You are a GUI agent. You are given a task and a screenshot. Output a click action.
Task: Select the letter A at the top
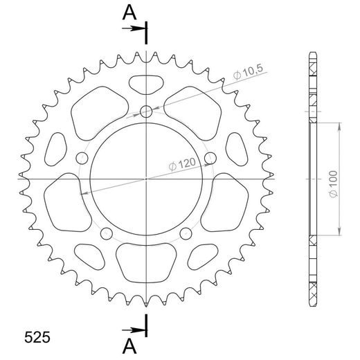(x=128, y=12)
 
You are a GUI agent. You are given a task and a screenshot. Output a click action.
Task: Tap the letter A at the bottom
(x=128, y=345)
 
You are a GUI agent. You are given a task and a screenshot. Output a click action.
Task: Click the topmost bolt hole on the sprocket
(x=146, y=111)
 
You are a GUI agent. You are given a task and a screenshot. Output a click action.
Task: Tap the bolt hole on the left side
(x=82, y=157)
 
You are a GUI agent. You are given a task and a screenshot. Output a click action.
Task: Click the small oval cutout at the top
(x=146, y=84)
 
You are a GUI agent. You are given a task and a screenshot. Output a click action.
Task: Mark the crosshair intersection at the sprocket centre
(x=146, y=179)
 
